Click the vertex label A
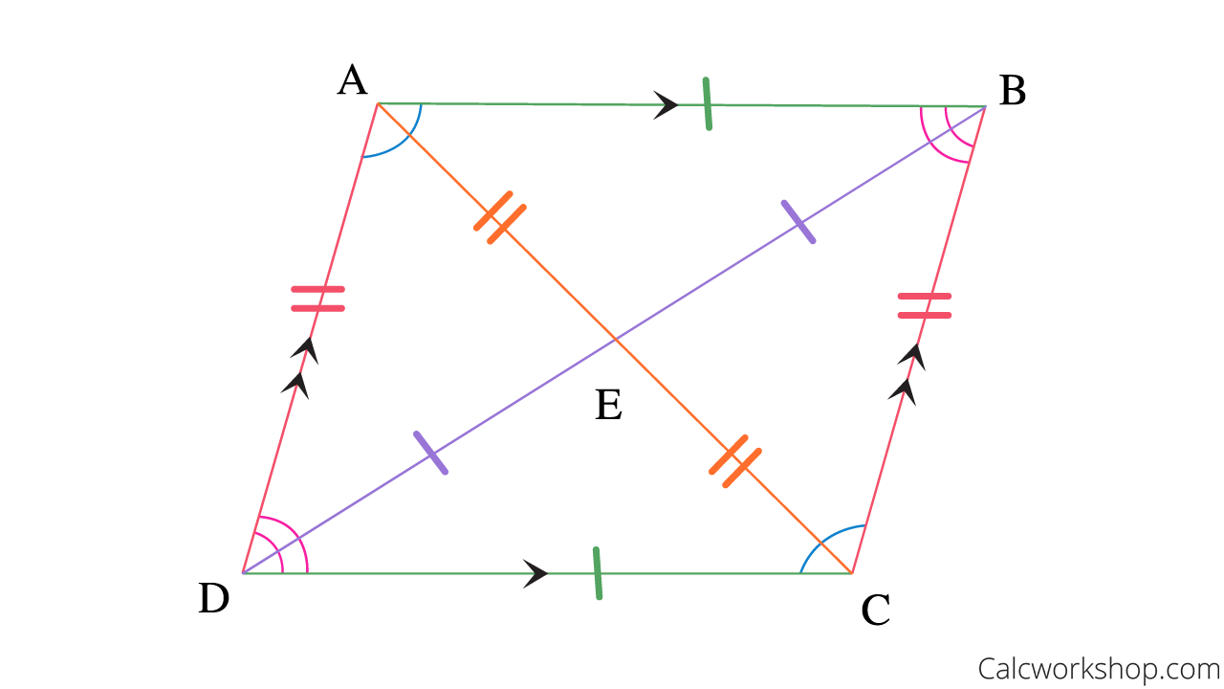pyautogui.click(x=352, y=82)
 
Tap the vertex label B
pyautogui.click(x=1012, y=92)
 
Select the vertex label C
pyautogui.click(x=875, y=610)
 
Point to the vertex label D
pyautogui.click(x=213, y=599)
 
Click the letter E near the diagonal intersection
pyautogui.click(x=608, y=406)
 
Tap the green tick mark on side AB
pyautogui.click(x=707, y=103)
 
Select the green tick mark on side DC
pyautogui.click(x=597, y=573)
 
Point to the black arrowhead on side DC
pyautogui.click(x=535, y=573)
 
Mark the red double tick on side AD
pyautogui.click(x=317, y=299)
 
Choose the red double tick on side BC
pyautogui.click(x=924, y=306)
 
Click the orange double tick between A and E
pyautogui.click(x=500, y=217)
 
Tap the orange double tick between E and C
pyautogui.click(x=734, y=461)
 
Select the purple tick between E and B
pyautogui.click(x=798, y=222)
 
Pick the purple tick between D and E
pyautogui.click(x=430, y=453)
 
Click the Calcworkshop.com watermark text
pyautogui.click(x=1099, y=666)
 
